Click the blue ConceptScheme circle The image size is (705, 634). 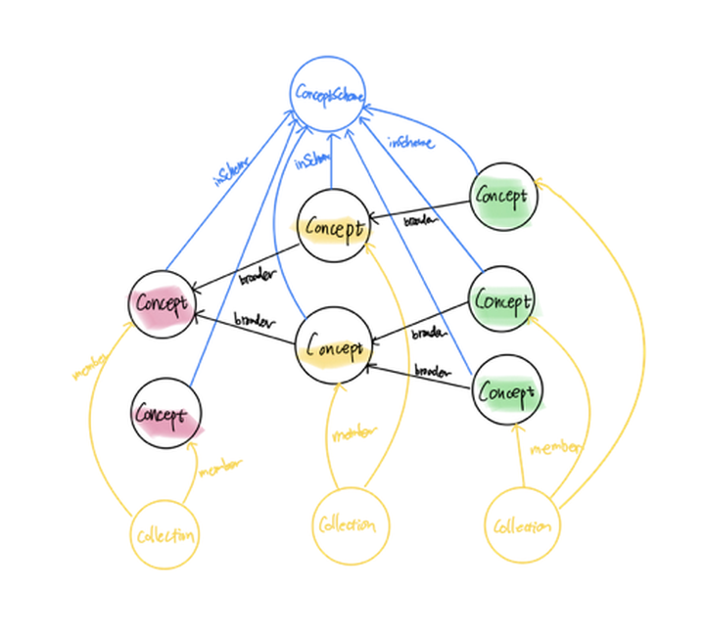click(329, 96)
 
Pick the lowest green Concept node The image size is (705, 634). click(506, 392)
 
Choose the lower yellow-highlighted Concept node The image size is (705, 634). click(335, 345)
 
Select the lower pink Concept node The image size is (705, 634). click(165, 414)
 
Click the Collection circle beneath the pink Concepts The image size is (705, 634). click(166, 535)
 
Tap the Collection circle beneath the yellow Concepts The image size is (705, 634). click(348, 526)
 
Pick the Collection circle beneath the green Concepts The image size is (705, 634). click(522, 526)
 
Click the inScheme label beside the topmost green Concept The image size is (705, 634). click(410, 143)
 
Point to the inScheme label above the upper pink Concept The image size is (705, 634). click(231, 168)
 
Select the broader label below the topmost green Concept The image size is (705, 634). click(420, 222)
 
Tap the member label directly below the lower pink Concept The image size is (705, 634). click(220, 471)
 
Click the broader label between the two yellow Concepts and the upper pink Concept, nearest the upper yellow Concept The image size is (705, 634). click(258, 278)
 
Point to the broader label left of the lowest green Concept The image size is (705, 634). click(432, 373)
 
